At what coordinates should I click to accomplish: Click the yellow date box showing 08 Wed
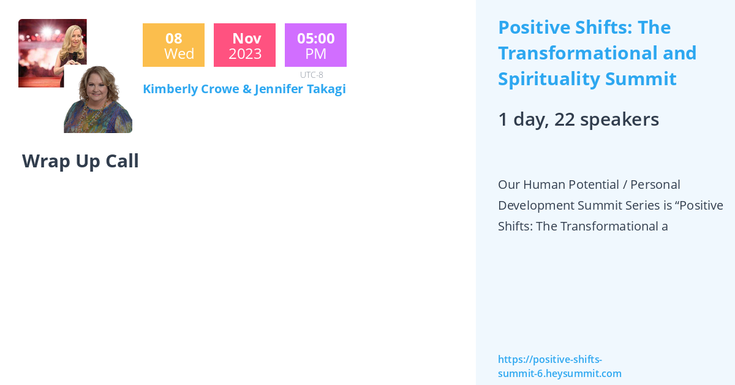point(173,45)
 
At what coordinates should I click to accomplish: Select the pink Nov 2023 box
point(244,45)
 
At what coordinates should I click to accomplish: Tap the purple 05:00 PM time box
point(315,45)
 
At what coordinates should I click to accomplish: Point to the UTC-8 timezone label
point(312,75)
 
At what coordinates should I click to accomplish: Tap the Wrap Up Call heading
point(80,161)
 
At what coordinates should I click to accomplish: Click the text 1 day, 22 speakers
point(578,119)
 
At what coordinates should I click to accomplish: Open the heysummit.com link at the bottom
point(559,367)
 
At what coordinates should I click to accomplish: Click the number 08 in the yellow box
point(173,38)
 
